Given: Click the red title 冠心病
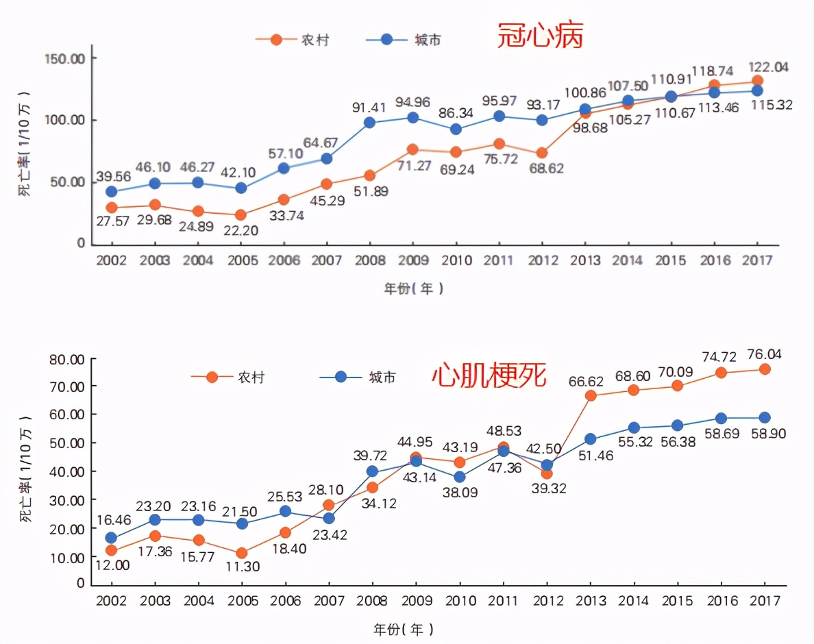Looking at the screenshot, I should (x=541, y=36).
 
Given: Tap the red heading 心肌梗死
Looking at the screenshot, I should (x=489, y=375).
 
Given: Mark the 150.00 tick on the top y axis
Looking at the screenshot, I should (x=69, y=58).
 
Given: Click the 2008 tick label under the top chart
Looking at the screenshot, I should (x=369, y=260).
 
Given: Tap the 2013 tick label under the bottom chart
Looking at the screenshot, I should (x=590, y=601).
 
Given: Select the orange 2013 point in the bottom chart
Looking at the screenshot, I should (x=590, y=395).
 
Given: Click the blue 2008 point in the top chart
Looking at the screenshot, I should (x=369, y=123).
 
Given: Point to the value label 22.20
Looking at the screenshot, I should (x=241, y=230).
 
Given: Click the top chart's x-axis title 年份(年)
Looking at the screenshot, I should (x=413, y=289).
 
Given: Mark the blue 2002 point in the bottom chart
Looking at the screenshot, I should (x=111, y=538).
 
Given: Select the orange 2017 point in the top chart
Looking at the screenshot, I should (x=757, y=81).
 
